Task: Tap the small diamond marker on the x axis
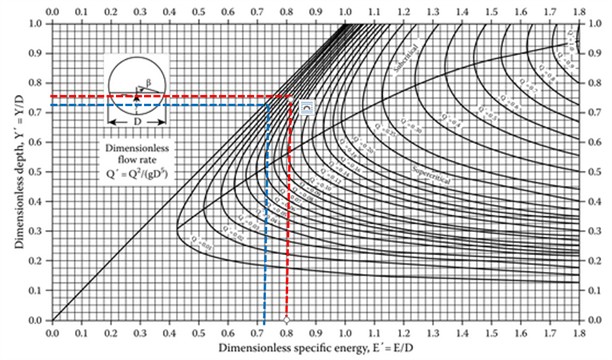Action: click(x=287, y=320)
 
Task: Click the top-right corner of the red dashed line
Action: click(x=290, y=97)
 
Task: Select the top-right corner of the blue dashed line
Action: click(x=267, y=104)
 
